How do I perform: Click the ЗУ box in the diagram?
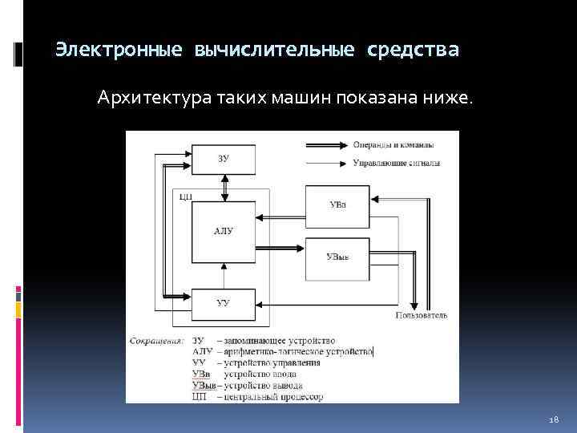pyautogui.click(x=224, y=159)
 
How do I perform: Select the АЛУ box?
pyautogui.click(x=224, y=231)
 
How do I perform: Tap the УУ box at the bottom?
pyautogui.click(x=224, y=302)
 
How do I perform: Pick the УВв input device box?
pyautogui.click(x=337, y=205)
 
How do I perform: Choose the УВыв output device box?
pyautogui.click(x=337, y=257)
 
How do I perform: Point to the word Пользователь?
pyautogui.click(x=421, y=316)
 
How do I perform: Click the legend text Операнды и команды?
pyautogui.click(x=393, y=145)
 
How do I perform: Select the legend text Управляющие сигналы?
pyautogui.click(x=396, y=164)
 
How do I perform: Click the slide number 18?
pyautogui.click(x=552, y=419)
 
